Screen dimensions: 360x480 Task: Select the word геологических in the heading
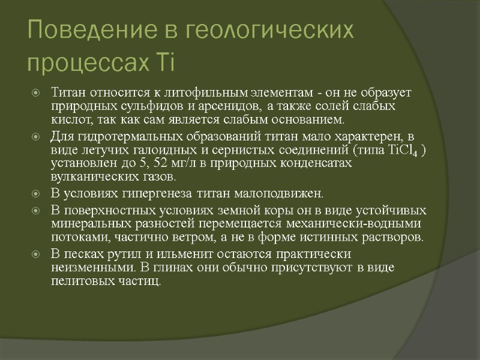[x=264, y=29]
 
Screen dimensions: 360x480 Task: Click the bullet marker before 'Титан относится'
[x=37, y=94]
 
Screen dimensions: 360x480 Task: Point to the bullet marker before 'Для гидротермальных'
[x=37, y=136]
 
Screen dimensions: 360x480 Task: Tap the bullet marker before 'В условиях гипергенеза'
[x=37, y=194]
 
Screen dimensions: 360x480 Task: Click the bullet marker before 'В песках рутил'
[x=37, y=253]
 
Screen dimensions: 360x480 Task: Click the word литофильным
[x=184, y=93]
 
